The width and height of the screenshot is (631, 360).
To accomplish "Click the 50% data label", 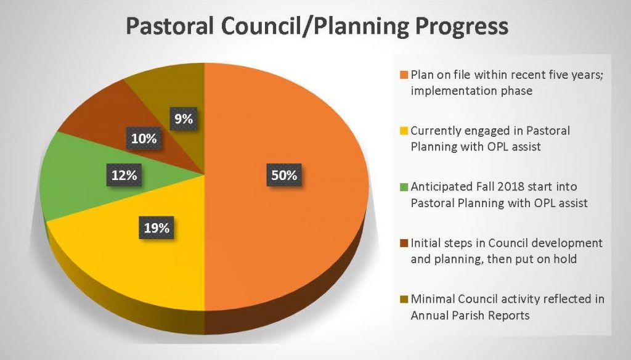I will point(284,175).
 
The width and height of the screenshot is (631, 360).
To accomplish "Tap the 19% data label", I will point(157,228).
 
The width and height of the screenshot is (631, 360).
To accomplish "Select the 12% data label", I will point(124,175).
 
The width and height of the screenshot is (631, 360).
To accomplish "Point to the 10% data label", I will point(142,139).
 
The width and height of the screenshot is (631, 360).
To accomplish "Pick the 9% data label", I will point(182,120).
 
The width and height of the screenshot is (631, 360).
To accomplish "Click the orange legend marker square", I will point(404,75).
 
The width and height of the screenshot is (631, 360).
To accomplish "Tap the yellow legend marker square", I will point(404,131).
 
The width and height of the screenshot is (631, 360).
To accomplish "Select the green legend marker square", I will point(404,187).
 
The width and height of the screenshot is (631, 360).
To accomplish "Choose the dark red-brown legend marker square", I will point(404,243).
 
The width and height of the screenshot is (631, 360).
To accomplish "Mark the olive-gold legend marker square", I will point(404,300).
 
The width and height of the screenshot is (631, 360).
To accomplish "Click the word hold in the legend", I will point(565,259).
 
